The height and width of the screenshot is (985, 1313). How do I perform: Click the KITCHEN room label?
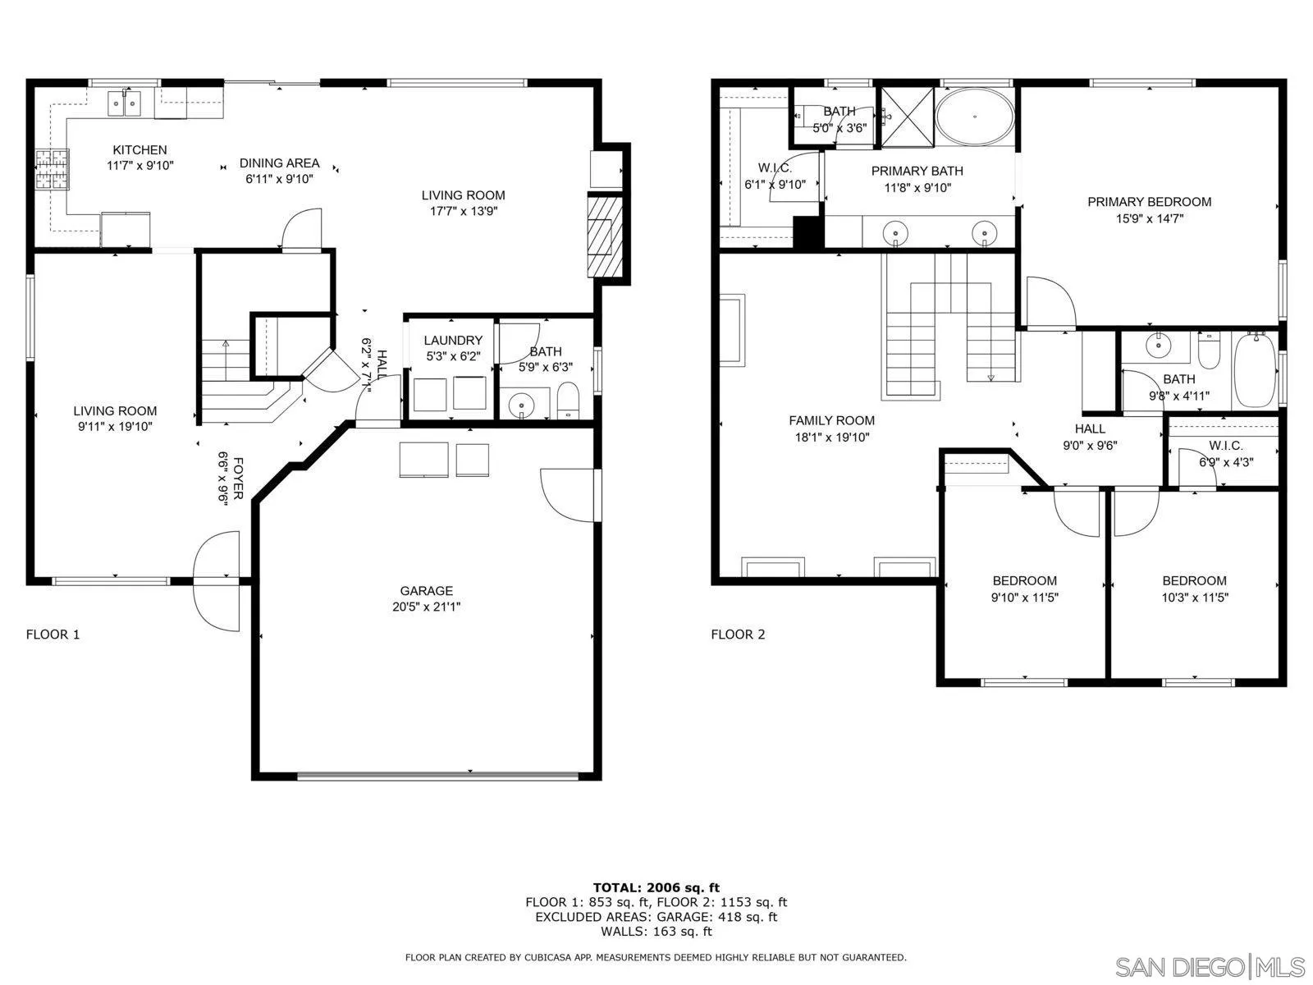point(140,150)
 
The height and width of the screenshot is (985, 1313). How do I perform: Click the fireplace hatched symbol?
point(604,236)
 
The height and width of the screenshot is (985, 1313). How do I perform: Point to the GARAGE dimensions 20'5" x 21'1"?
point(426,607)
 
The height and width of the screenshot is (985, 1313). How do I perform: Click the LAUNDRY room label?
point(453,341)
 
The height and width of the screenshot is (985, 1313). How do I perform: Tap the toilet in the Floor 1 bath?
point(568,401)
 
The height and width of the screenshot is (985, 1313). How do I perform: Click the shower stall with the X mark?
point(907,117)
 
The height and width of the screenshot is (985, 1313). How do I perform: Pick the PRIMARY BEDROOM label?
point(1149,202)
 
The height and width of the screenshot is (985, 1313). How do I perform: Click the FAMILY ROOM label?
point(831,421)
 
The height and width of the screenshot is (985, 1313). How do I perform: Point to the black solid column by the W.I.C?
point(808,232)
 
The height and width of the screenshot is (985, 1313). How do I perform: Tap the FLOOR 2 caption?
point(738,635)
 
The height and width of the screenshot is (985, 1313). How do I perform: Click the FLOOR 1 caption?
point(53,635)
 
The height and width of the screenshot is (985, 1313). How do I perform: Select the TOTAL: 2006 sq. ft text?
point(656,887)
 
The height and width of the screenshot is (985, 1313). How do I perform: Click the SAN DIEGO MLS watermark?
point(1210,965)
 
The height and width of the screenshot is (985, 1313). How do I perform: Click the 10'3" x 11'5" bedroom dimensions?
point(1194,598)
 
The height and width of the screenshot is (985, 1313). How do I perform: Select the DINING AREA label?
point(279,163)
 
